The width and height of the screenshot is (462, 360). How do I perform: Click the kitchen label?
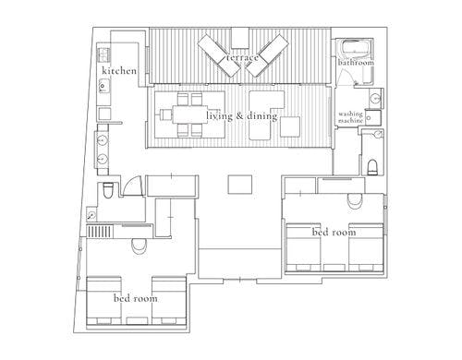pyautogui.click(x=119, y=71)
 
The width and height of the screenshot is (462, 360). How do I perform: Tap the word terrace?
pyautogui.click(x=242, y=57)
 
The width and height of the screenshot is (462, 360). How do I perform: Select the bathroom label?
pyautogui.click(x=356, y=63)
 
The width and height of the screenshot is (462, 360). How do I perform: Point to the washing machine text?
pyautogui.click(x=350, y=117)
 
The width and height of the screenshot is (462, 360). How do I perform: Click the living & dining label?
pyautogui.click(x=242, y=116)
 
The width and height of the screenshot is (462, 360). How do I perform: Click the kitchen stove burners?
pyautogui.click(x=103, y=54)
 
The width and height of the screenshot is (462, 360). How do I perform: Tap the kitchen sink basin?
pyautogui.click(x=103, y=86)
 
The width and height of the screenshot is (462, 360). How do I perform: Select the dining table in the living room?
pyautogui.click(x=189, y=114)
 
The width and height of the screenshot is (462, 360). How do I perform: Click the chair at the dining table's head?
pyautogui.click(x=165, y=114)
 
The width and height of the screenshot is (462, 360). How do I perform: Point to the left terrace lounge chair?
pyautogui.click(x=219, y=55)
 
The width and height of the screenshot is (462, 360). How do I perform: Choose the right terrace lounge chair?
pyautogui.click(x=267, y=55)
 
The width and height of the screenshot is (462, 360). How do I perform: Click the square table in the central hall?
pyautogui.click(x=240, y=185)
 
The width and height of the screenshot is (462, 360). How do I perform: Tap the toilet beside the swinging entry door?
pyautogui.click(x=108, y=191)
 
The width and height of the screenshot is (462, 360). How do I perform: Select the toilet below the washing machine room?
pyautogui.click(x=372, y=167)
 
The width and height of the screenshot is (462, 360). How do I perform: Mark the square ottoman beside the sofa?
pyautogui.click(x=290, y=126)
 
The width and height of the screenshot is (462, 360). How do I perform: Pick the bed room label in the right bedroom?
pyautogui.click(x=334, y=232)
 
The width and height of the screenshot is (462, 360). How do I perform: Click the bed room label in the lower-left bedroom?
pyautogui.click(x=136, y=298)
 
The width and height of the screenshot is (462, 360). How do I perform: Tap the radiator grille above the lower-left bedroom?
pyautogui.click(x=100, y=232)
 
